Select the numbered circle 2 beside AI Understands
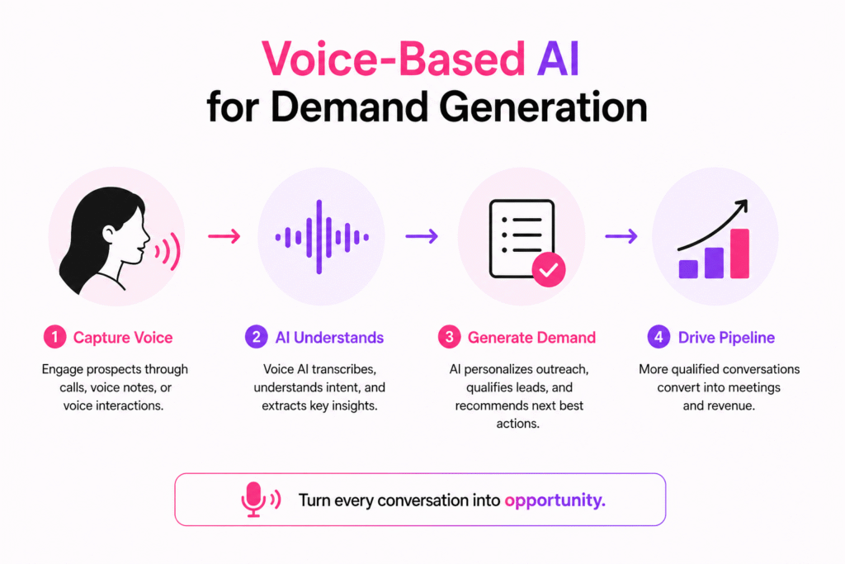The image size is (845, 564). [255, 337]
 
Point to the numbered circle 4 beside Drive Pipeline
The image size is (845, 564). [657, 337]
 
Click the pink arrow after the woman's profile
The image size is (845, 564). [223, 237]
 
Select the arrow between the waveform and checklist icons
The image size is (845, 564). [422, 237]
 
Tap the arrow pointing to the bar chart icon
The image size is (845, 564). [621, 237]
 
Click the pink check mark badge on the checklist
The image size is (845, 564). [548, 270]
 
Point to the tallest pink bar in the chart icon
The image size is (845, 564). [739, 253]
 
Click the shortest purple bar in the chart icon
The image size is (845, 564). [687, 268]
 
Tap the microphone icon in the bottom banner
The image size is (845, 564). [253, 500]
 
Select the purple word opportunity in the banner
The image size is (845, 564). [555, 500]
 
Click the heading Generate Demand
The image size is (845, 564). [531, 337]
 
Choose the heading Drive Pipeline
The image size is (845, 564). [726, 337]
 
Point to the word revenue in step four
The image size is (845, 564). [733, 405]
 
